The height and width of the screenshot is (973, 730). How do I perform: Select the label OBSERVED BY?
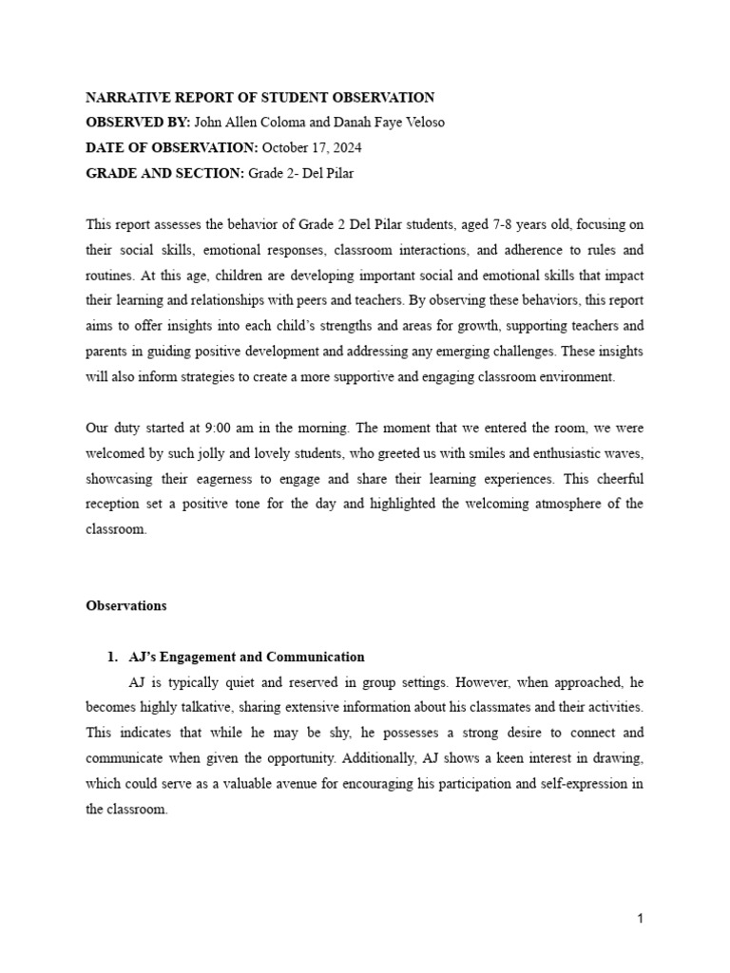tap(138, 123)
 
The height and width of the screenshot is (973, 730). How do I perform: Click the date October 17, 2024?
tap(311, 148)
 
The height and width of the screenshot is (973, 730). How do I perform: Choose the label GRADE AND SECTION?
tap(164, 173)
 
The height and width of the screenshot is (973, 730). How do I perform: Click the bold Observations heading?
tap(126, 605)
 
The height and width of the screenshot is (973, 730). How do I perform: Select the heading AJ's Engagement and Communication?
tap(246, 657)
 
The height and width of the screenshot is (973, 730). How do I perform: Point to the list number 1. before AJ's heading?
tap(111, 657)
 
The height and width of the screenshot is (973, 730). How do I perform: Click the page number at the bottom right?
tap(641, 919)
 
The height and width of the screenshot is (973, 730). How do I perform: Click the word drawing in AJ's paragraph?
tap(621, 759)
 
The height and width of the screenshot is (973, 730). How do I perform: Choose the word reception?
tap(115, 505)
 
